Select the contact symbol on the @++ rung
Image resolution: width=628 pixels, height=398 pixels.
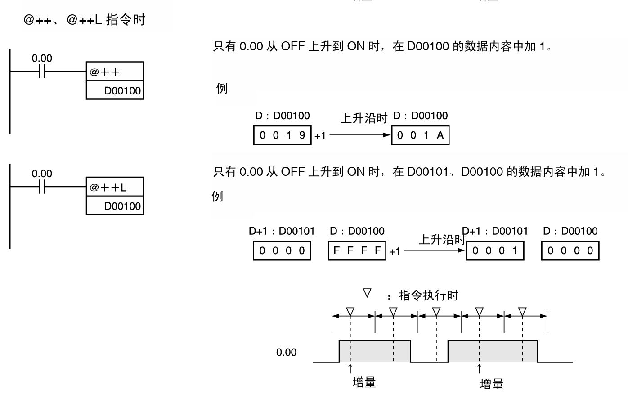click(41, 72)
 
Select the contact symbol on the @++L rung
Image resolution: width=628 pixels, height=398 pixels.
click(41, 187)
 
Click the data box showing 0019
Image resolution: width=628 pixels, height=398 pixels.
click(283, 135)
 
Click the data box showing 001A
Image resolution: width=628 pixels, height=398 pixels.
click(420, 135)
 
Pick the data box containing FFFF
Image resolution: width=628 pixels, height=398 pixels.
click(357, 250)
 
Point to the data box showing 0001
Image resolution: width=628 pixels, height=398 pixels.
click(495, 250)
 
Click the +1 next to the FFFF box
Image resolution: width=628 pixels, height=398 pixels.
click(395, 251)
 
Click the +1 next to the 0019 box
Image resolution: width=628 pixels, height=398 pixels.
click(320, 136)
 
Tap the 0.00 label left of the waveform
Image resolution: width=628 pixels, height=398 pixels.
click(286, 353)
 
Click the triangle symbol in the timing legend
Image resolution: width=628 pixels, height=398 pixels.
click(368, 294)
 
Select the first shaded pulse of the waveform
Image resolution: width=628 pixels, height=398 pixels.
click(374, 351)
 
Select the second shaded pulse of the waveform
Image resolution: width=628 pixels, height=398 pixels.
click(492, 351)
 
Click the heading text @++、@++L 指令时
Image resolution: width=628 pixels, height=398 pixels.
click(84, 20)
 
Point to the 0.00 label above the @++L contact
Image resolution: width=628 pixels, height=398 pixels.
click(42, 174)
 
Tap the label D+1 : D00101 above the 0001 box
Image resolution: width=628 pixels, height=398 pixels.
click(495, 231)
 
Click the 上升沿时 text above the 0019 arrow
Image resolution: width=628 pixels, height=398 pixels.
click(363, 118)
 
